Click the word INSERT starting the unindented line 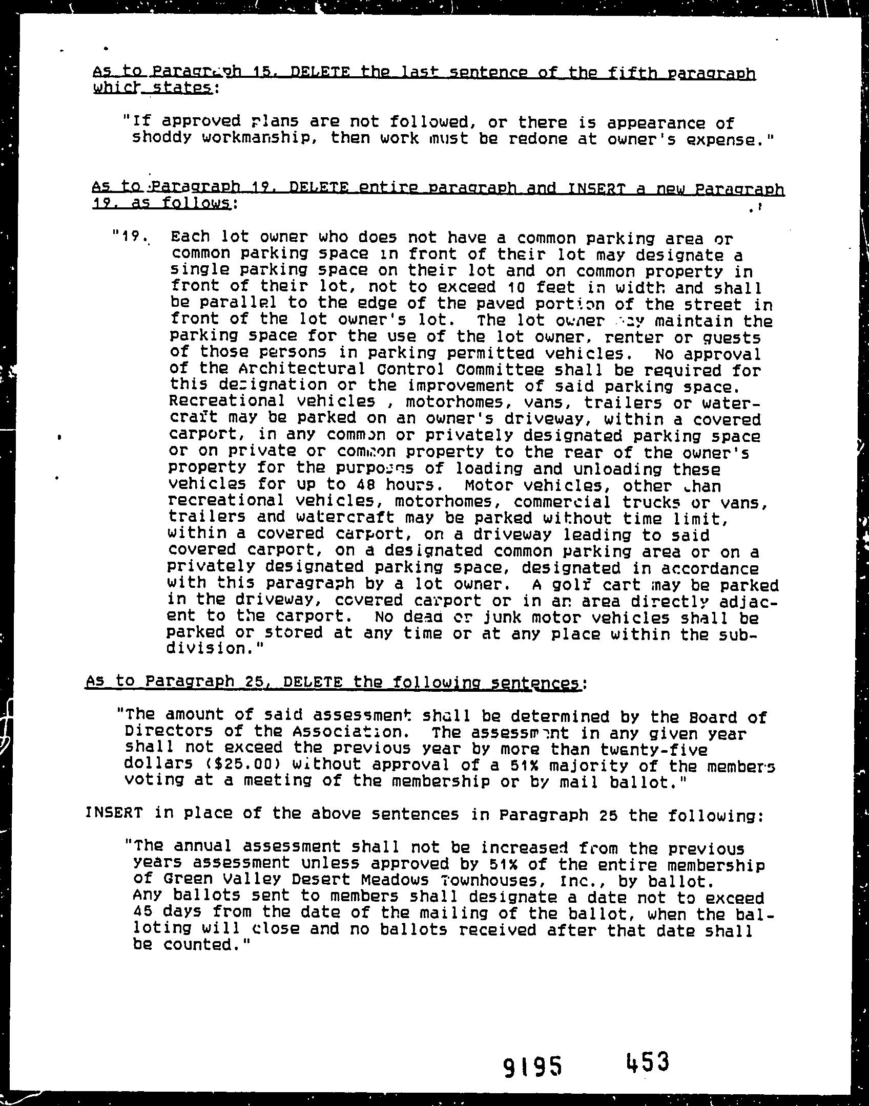pyautogui.click(x=113, y=813)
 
